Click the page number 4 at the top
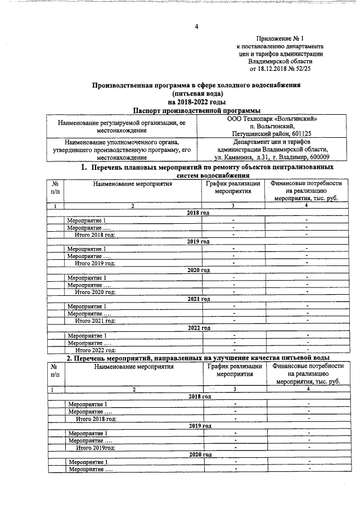(x=197, y=26)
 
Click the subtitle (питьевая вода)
(x=197, y=93)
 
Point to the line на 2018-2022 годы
(x=197, y=102)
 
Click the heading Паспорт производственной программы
(x=197, y=111)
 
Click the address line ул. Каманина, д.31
(x=275, y=157)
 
